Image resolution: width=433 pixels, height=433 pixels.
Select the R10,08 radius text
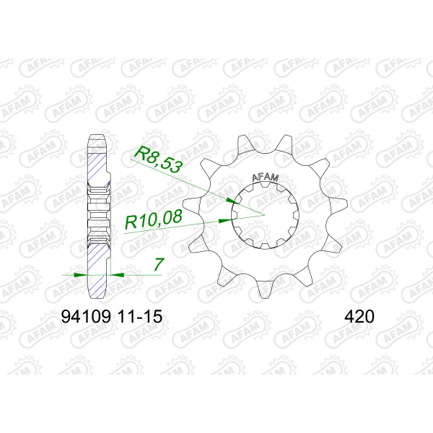click(x=154, y=219)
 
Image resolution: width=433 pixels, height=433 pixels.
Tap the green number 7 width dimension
click(x=159, y=264)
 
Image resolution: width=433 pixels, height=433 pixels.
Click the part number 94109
click(x=86, y=317)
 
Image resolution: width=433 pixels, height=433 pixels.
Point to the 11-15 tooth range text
click(x=140, y=317)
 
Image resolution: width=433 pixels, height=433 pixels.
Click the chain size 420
click(x=359, y=317)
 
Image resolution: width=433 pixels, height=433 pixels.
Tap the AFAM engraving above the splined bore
click(x=266, y=178)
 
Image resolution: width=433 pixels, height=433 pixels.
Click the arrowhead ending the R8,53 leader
click(x=232, y=201)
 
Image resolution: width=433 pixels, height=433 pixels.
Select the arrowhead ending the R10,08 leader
click(x=225, y=221)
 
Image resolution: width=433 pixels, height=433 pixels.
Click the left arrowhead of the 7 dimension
click(x=81, y=275)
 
